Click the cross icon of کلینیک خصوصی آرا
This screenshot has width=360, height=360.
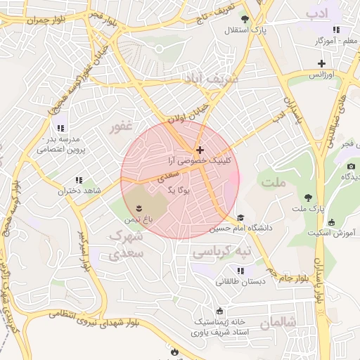pyautogui.click(x=200, y=150)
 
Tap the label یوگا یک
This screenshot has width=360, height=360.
pyautogui.click(x=180, y=190)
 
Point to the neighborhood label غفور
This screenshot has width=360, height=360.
pyautogui.click(x=120, y=127)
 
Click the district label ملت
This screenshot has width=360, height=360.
pyautogui.click(x=275, y=183)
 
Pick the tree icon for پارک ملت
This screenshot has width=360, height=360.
pyautogui.click(x=308, y=197)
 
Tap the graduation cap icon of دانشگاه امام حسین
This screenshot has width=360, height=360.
pyautogui.click(x=240, y=217)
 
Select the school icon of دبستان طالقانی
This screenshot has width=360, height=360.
pyautogui.click(x=240, y=271)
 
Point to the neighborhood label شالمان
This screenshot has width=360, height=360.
pyautogui.click(x=278, y=323)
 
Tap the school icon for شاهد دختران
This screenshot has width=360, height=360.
pyautogui.click(x=79, y=180)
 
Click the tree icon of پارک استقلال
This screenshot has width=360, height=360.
pyautogui.click(x=245, y=19)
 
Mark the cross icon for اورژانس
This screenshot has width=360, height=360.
pyautogui.click(x=321, y=63)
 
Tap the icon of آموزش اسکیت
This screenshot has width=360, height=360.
pyautogui.click(x=311, y=221)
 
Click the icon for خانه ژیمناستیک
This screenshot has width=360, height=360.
pyautogui.click(x=221, y=311)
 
